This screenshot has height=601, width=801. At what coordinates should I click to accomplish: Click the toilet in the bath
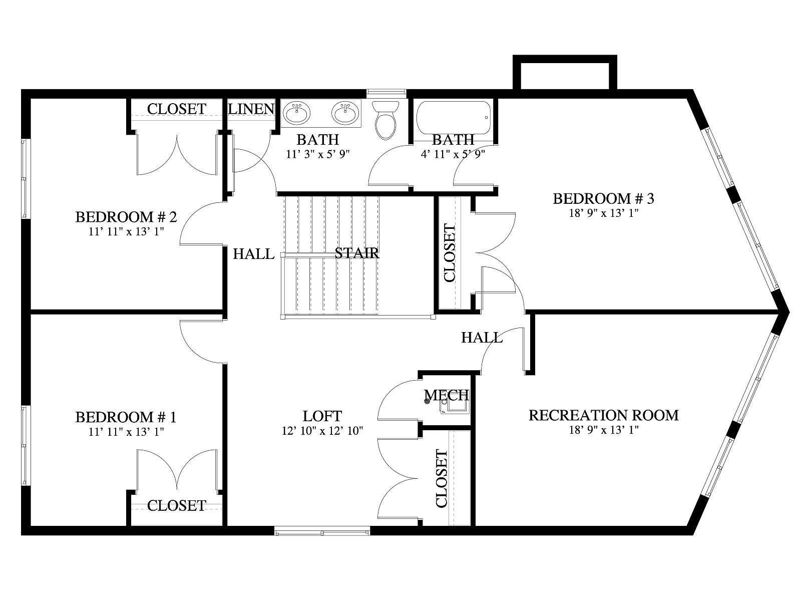[385, 120]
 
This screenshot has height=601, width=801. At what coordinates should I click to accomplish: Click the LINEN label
[251, 109]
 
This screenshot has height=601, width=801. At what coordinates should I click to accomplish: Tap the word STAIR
[357, 253]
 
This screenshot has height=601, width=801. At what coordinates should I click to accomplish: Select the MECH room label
[446, 395]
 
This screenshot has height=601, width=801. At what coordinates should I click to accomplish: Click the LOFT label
[322, 416]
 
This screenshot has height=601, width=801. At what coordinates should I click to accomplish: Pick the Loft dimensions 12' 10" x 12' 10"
[322, 431]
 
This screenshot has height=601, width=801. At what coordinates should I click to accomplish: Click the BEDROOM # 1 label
[126, 417]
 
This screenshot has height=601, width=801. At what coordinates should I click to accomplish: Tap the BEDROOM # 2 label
[126, 217]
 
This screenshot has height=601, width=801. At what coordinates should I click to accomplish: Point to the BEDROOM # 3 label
[604, 198]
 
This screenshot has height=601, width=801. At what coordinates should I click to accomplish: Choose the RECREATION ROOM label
[604, 415]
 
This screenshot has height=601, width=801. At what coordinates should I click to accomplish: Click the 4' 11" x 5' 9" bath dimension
[453, 154]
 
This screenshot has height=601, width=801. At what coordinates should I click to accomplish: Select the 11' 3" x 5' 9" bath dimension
[318, 154]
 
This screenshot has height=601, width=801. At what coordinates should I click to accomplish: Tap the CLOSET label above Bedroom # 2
[177, 109]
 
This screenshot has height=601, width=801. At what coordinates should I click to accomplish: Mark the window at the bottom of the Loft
[322, 531]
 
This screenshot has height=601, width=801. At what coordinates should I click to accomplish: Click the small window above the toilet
[386, 92]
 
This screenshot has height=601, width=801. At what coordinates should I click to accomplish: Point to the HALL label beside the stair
[254, 254]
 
